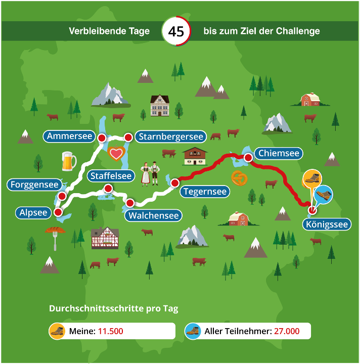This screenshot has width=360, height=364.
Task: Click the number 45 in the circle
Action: pyautogui.click(x=176, y=31)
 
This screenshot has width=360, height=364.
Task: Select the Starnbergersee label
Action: pyautogui.click(x=171, y=136)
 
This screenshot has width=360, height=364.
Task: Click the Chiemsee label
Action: pyautogui.click(x=279, y=153)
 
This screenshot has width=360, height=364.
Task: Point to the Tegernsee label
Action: pyautogui.click(x=204, y=192)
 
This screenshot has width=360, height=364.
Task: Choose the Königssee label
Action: pyautogui.click(x=328, y=224)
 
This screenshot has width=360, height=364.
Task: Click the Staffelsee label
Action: pyautogui.click(x=111, y=176)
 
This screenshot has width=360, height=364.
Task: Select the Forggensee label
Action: pyautogui.click(x=35, y=185)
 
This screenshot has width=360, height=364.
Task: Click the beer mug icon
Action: pyautogui.click(x=68, y=161)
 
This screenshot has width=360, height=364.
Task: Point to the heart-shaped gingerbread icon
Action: pyautogui.click(x=116, y=153)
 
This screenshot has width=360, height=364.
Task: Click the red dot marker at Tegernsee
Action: pyautogui.click(x=175, y=183)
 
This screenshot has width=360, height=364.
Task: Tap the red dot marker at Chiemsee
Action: pyautogui.click(x=248, y=158)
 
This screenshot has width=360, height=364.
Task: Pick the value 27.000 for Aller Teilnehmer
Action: pyautogui.click(x=287, y=332)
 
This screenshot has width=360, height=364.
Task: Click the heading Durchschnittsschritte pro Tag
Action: pyautogui.click(x=113, y=308)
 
